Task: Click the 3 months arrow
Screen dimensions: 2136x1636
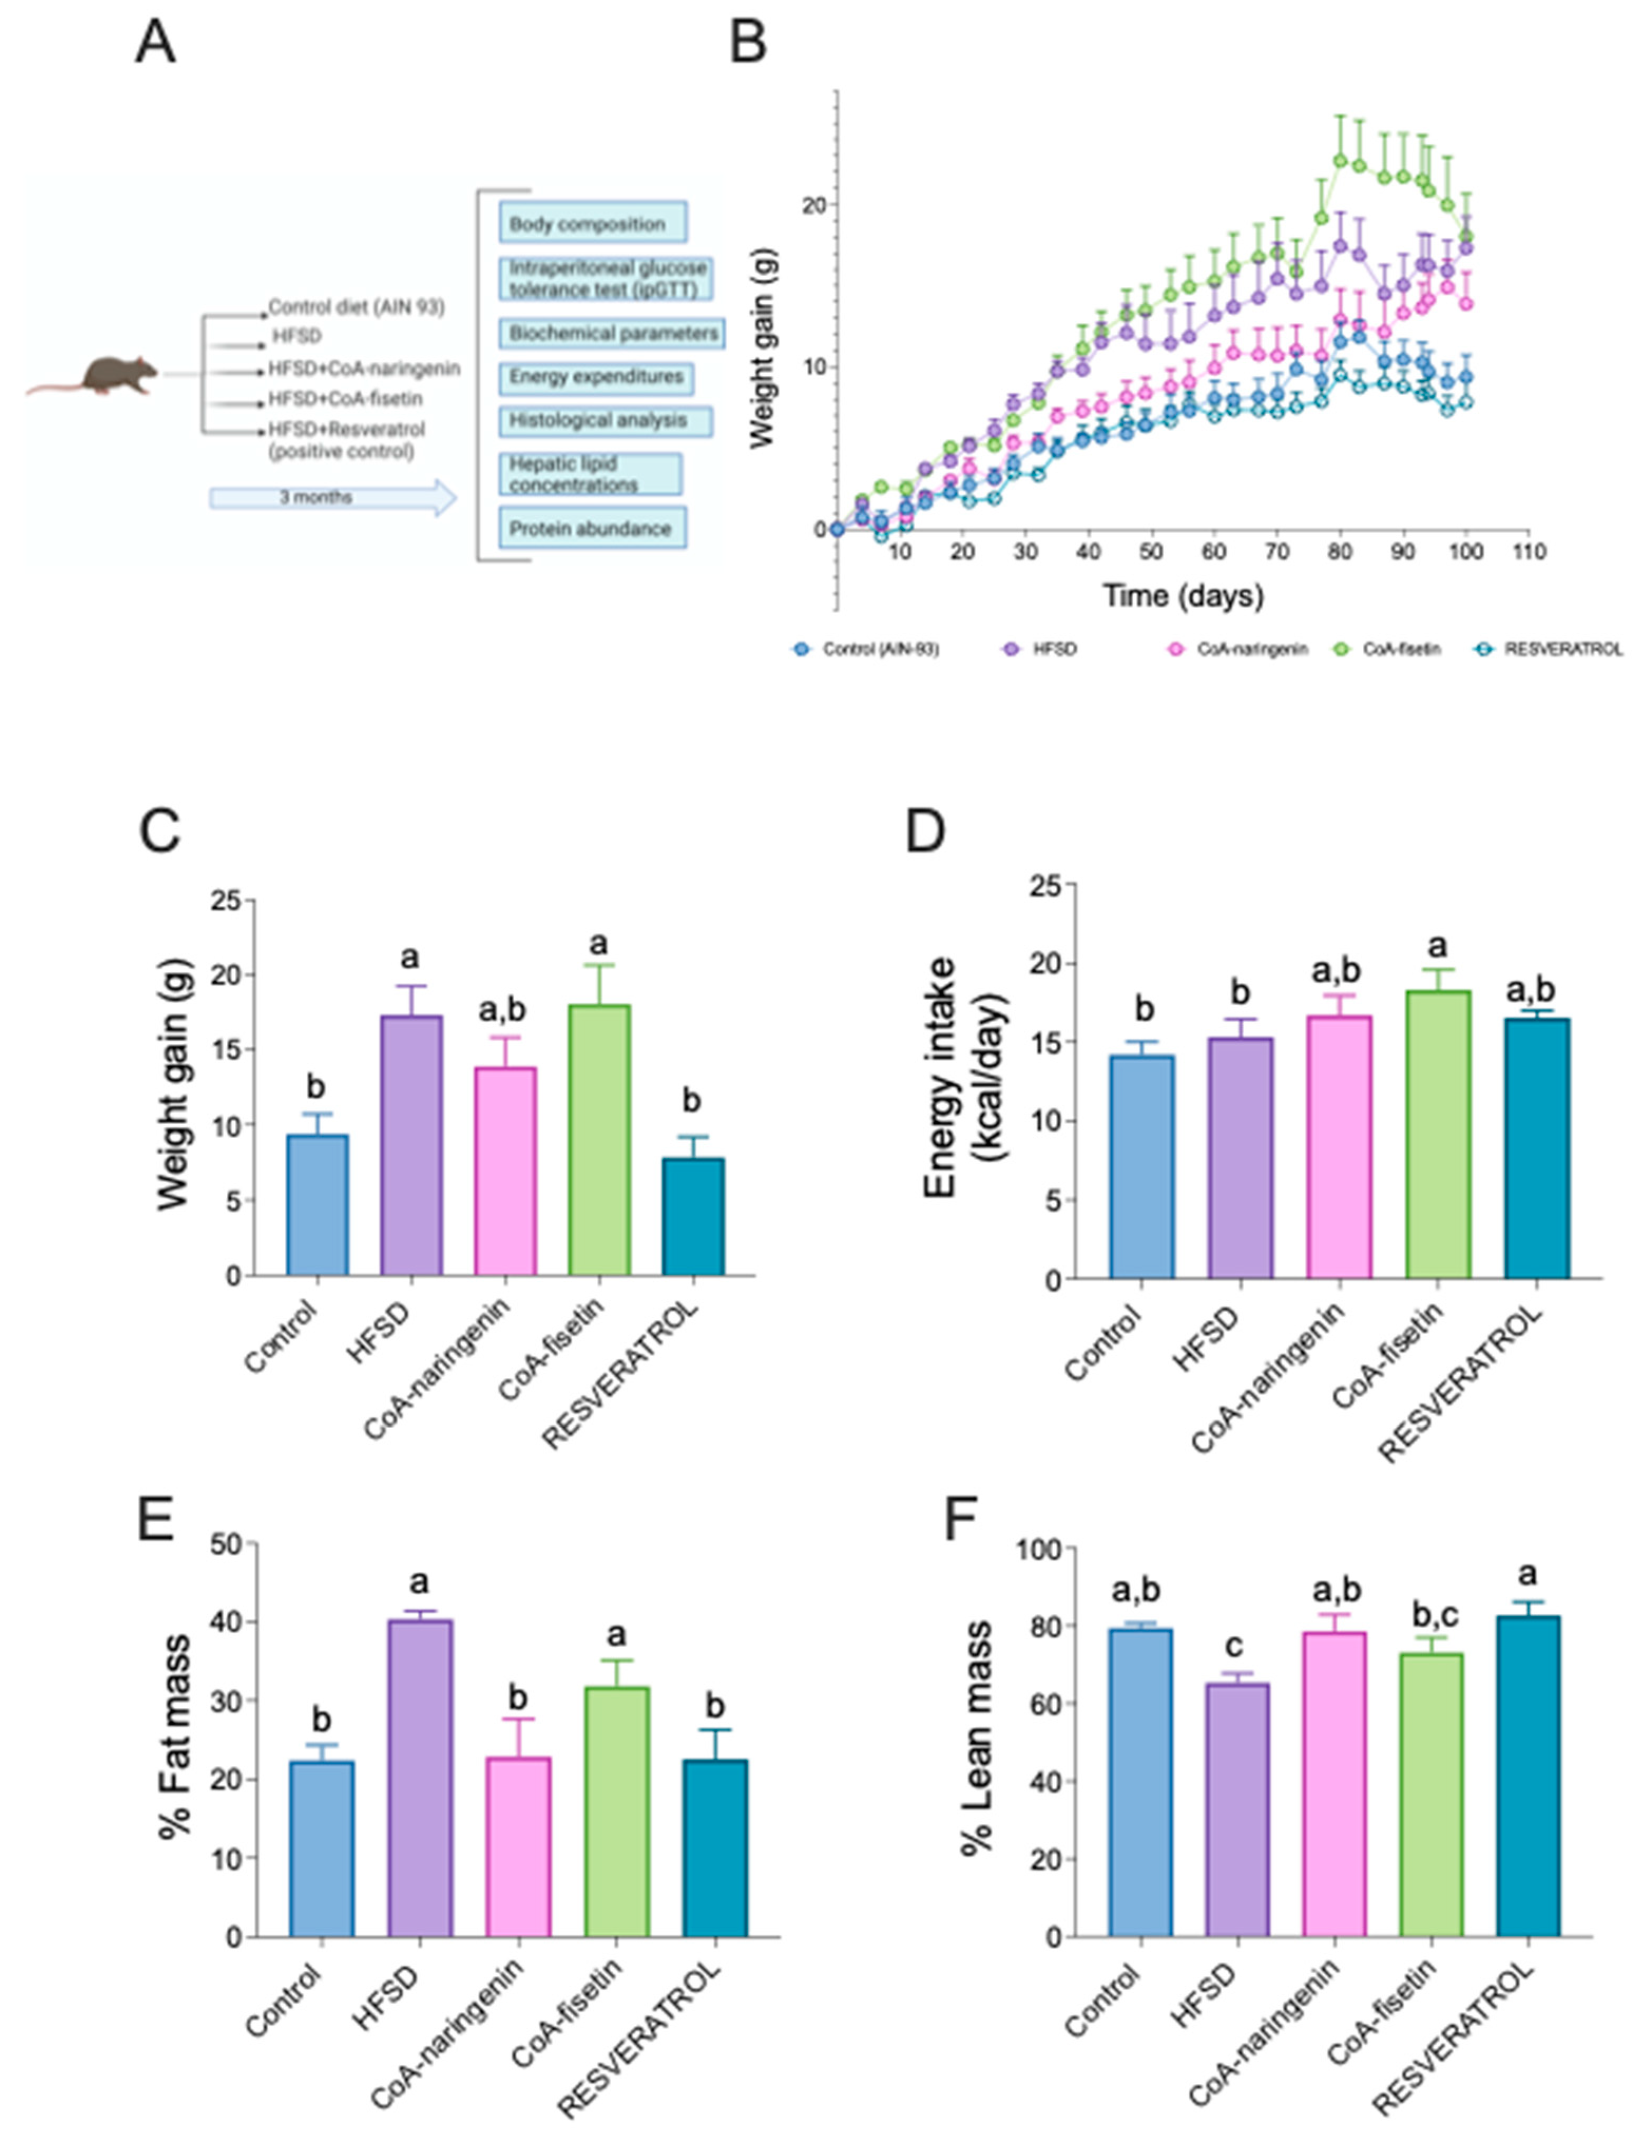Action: [x=331, y=498]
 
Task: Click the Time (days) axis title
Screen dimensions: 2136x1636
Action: [x=1182, y=595]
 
